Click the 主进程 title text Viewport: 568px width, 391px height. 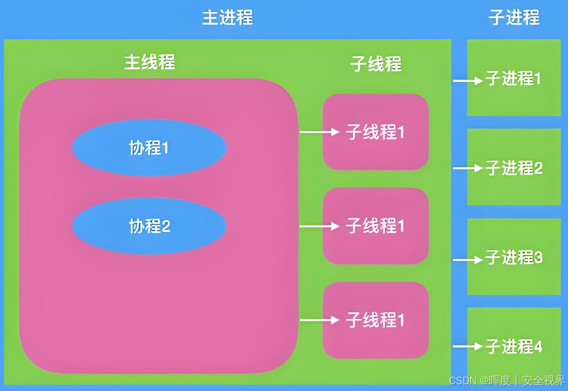[x=227, y=18]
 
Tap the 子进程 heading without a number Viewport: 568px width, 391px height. [x=514, y=18]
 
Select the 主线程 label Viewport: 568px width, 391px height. [x=149, y=62]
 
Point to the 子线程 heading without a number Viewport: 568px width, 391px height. [x=376, y=64]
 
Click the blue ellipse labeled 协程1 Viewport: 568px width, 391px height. [x=149, y=148]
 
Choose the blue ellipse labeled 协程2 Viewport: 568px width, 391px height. [x=149, y=226]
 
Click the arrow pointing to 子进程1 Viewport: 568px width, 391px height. [x=467, y=81]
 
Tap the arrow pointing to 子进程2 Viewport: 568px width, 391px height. [x=467, y=168]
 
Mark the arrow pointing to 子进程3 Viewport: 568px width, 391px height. [x=467, y=260]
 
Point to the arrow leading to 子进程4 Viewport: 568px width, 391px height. [x=467, y=346]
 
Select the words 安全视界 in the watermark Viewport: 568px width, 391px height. [x=543, y=381]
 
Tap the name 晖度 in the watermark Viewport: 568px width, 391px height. [x=501, y=381]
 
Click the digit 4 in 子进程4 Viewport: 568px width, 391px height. [x=538, y=346]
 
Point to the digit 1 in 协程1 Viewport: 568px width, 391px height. [x=165, y=148]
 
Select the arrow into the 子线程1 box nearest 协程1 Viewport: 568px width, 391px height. [x=319, y=132]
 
